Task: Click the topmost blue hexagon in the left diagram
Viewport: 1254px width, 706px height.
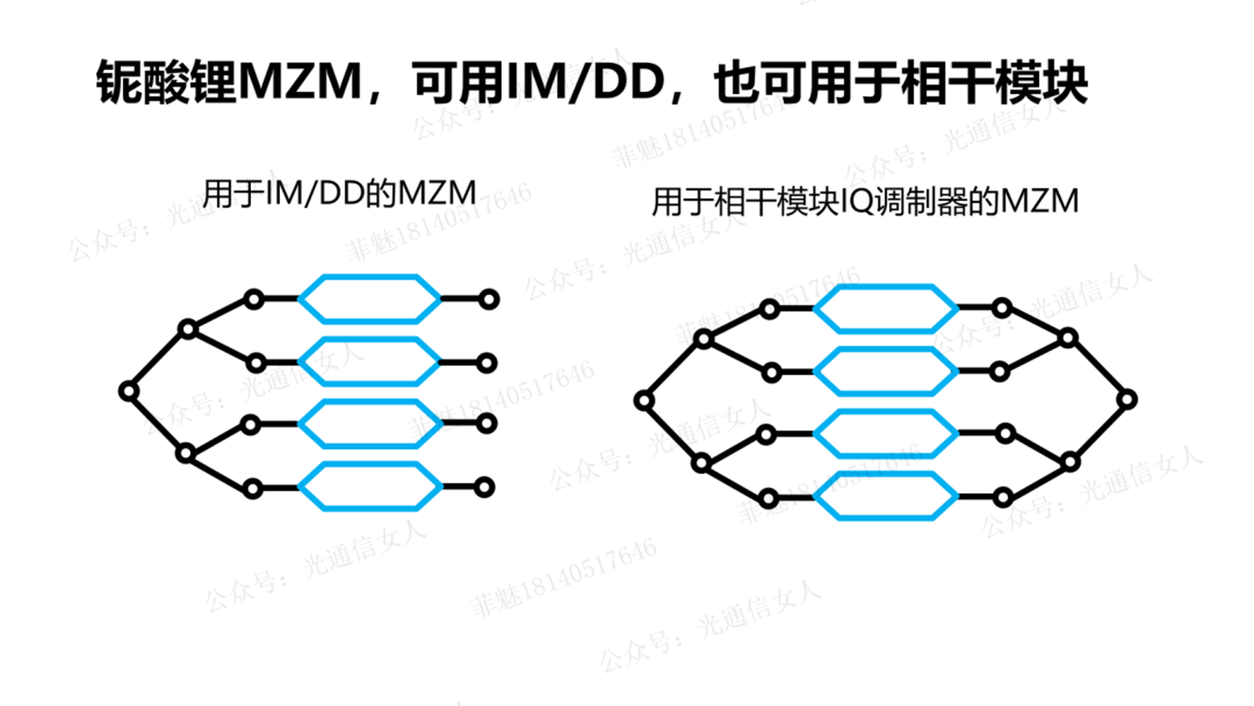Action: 370,298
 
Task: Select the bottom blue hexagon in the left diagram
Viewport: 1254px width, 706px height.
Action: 370,487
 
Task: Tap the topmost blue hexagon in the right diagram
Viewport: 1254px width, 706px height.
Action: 885,309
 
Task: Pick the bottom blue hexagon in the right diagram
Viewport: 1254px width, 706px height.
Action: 885,497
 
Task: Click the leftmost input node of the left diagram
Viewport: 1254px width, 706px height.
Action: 129,392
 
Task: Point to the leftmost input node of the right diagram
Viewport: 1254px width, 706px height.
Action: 644,400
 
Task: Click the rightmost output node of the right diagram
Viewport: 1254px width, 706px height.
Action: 1127,399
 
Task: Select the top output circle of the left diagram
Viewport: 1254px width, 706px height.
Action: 489,298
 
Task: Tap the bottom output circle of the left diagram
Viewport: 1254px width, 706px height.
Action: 485,488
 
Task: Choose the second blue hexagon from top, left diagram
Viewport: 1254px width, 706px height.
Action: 370,363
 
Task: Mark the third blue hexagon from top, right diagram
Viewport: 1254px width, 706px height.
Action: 885,434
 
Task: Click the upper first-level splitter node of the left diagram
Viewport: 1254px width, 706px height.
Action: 188,330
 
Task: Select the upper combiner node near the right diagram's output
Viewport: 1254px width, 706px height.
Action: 1068,338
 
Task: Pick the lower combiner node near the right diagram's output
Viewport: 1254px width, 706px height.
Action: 1070,461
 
